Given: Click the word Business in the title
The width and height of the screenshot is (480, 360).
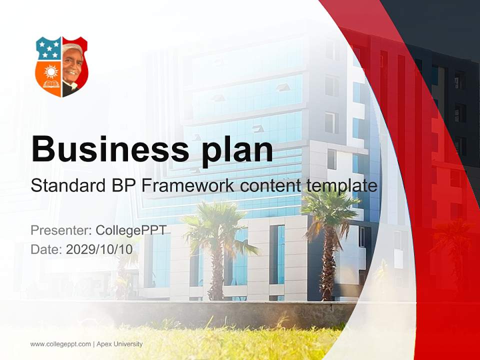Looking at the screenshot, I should pos(110,148).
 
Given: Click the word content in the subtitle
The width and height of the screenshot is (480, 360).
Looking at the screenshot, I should pos(272,186).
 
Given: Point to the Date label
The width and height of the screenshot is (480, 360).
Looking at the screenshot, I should pos(46,249).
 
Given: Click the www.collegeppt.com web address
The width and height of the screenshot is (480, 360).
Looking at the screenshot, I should pos(60,344).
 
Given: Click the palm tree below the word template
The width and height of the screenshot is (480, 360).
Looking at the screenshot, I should pos(327,230).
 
